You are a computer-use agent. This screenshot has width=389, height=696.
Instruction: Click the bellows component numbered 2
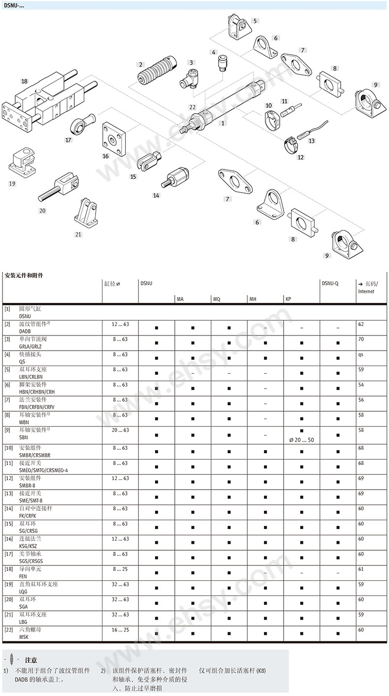click(157, 70)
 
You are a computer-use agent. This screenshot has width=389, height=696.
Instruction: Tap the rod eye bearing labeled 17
click(82, 123)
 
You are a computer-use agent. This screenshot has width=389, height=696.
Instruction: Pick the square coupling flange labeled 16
click(114, 139)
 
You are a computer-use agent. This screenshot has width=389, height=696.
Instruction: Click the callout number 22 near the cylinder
click(193, 107)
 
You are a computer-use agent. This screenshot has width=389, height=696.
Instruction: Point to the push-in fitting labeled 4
click(222, 63)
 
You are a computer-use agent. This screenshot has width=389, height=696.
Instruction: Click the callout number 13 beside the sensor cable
click(312, 141)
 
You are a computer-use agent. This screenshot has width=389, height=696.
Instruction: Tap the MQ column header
click(217, 299)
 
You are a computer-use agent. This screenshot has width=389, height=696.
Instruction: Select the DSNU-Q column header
click(330, 283)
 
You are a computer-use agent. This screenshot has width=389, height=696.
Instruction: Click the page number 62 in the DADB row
click(361, 324)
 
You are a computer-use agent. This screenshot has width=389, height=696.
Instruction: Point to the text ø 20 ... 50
click(301, 440)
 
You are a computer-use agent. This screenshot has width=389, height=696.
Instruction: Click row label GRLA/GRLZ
click(30, 346)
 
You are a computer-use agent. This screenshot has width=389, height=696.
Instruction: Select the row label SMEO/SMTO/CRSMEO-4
click(43, 470)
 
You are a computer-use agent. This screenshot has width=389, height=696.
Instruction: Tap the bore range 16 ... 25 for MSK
click(120, 630)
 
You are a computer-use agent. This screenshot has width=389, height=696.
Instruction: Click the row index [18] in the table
click(9, 569)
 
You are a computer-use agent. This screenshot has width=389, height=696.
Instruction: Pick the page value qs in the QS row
click(360, 355)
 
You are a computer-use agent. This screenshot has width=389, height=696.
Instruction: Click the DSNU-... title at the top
click(14, 5)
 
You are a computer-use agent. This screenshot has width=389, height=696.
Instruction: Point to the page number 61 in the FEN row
click(361, 569)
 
